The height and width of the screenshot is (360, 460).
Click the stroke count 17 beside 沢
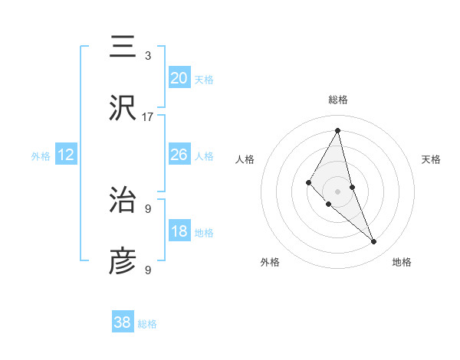coord(148,116)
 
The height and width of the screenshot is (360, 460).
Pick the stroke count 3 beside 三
coord(148,55)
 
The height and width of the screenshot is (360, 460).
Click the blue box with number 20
coord(179,78)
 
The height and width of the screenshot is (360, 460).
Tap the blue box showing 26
coord(179,155)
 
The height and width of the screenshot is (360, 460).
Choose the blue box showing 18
coord(179,231)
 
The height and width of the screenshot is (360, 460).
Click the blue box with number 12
coord(66,155)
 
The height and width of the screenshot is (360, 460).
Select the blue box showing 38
coord(122,322)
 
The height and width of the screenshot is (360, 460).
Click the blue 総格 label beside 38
coord(147,324)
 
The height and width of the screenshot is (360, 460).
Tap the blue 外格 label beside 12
coord(41,155)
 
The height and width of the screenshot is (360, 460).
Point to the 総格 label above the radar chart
coord(338,100)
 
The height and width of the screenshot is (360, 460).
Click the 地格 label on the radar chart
coord(402,262)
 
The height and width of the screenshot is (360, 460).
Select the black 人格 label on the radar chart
coord(245,159)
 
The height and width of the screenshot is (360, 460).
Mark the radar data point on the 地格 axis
coord(374,242)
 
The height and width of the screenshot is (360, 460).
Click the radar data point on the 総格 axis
coord(338,130)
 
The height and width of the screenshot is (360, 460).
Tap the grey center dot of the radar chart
coord(338,191)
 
